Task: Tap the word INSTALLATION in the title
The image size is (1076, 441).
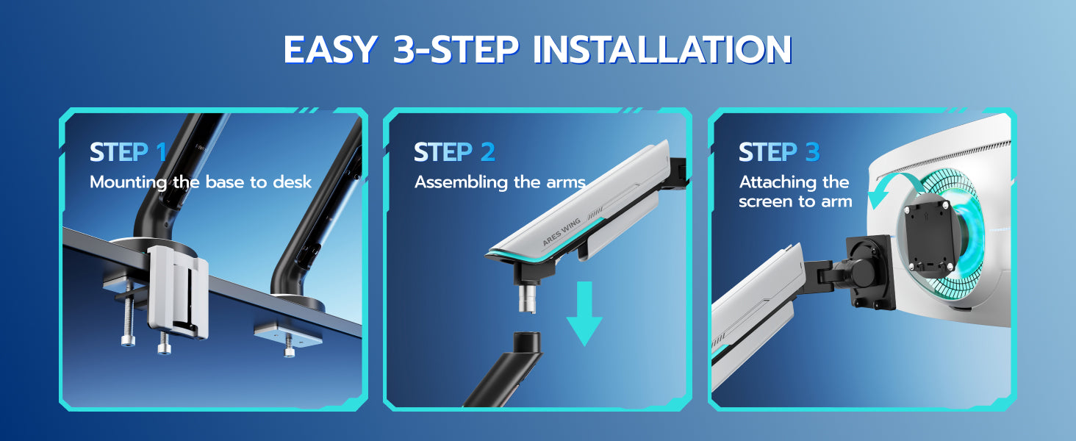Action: [662, 49]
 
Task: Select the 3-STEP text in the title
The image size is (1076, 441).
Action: [456, 49]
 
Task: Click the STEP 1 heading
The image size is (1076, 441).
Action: [128, 152]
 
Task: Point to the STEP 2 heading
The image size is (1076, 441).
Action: [454, 152]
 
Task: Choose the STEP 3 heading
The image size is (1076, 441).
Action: [779, 152]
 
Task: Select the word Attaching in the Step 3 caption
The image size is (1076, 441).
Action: [774, 182]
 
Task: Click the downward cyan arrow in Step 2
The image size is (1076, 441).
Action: [584, 313]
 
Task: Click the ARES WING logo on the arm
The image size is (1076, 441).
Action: [562, 232]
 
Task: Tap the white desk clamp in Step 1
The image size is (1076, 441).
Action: [177, 292]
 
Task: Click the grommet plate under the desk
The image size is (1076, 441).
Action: [287, 335]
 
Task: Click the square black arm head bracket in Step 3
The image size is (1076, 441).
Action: [870, 272]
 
